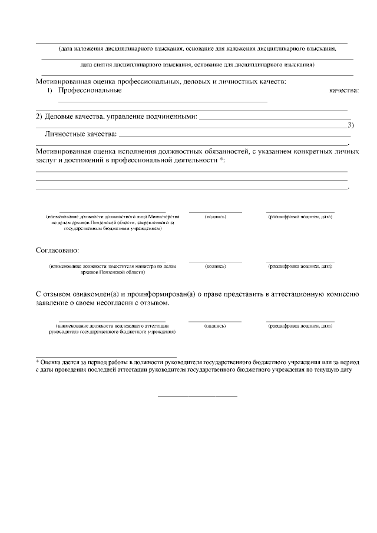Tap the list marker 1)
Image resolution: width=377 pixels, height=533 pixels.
(49, 90)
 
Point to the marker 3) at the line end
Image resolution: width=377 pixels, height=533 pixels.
(350, 124)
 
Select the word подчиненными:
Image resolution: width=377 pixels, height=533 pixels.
(171, 116)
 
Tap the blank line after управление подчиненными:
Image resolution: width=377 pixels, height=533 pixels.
(274, 118)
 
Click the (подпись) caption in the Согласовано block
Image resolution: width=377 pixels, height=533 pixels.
(215, 266)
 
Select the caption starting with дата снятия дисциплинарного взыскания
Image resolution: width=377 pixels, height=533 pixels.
(197, 64)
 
